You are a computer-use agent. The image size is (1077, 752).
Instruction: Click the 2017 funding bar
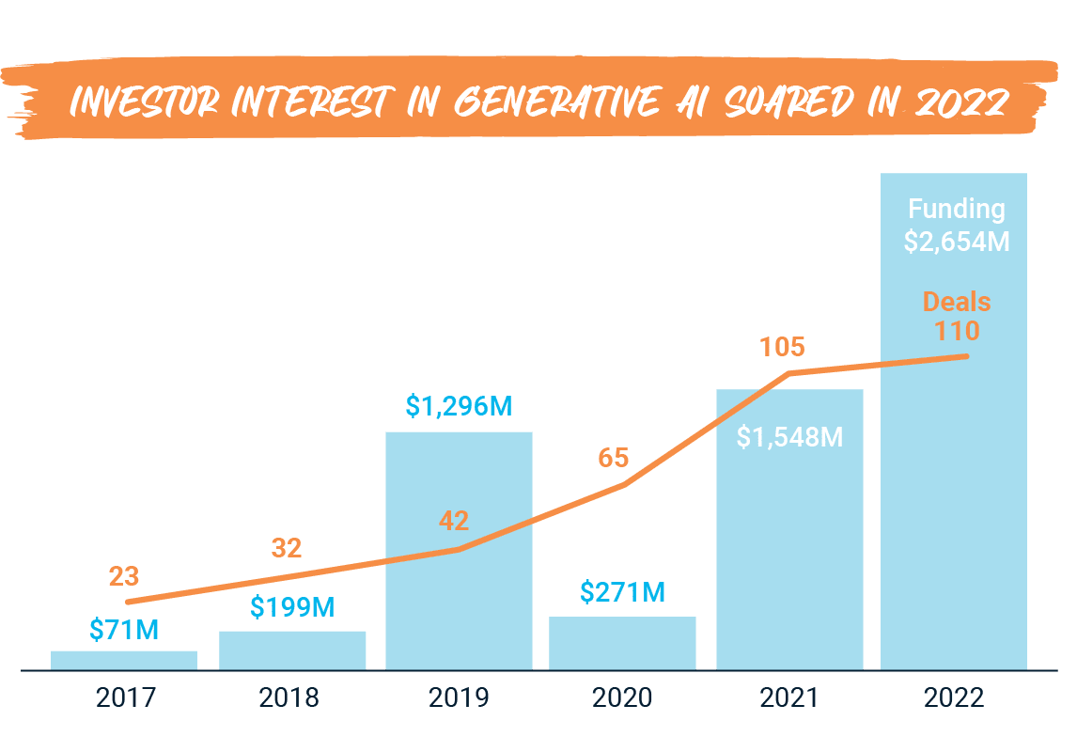tap(124, 660)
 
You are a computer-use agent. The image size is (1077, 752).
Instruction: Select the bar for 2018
tap(292, 650)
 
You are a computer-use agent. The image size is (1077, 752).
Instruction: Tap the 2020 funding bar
tap(622, 643)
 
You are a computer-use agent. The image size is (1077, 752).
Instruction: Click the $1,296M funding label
tap(459, 406)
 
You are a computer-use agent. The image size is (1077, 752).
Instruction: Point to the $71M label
tap(124, 629)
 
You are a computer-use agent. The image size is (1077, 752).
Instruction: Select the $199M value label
tap(292, 607)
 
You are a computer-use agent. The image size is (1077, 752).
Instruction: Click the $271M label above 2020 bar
tap(622, 592)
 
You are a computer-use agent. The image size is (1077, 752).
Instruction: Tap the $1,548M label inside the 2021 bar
tap(789, 436)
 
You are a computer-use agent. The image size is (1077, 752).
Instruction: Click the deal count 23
tap(124, 573)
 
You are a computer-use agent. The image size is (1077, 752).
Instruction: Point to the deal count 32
tap(287, 548)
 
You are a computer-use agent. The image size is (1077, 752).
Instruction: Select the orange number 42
tap(453, 521)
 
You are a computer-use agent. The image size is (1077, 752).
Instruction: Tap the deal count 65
tap(613, 459)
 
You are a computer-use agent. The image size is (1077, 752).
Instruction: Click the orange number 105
tap(782, 347)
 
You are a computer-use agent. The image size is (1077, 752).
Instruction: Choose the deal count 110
tap(957, 331)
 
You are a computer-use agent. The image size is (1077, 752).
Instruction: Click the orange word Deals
tap(957, 302)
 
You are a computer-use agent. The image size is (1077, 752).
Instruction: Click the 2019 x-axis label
tap(459, 698)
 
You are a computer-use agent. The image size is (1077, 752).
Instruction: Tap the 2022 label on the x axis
tap(953, 698)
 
